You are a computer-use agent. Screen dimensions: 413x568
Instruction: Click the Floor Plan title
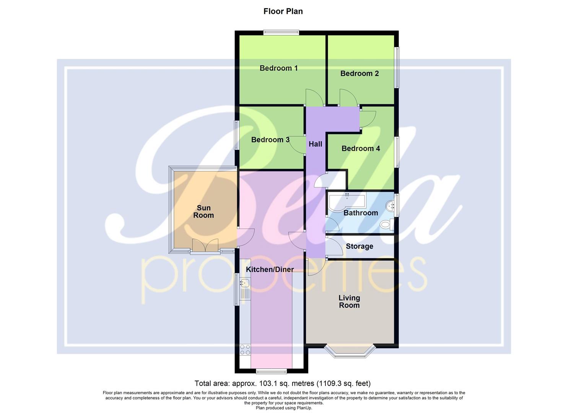283,11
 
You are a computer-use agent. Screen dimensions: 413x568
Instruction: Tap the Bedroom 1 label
278,68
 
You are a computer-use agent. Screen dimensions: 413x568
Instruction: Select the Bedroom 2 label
360,73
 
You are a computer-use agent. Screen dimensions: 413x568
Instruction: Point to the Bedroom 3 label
270,140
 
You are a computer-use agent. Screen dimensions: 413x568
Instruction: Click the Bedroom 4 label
361,148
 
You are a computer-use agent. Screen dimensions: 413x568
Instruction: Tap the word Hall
315,144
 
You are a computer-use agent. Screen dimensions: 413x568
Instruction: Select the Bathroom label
360,213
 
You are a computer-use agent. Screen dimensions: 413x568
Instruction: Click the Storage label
359,246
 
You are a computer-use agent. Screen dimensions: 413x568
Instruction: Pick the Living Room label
349,301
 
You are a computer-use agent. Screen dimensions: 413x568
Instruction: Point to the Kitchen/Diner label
270,269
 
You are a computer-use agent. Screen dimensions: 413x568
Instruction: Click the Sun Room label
203,211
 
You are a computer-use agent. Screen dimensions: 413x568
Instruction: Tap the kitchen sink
244,283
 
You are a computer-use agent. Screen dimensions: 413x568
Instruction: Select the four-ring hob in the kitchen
245,350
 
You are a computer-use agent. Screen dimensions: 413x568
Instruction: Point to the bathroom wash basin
390,206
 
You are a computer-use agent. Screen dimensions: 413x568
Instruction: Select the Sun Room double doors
205,246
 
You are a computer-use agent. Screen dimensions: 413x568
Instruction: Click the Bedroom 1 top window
281,33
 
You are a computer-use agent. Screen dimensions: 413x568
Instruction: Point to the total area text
282,383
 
